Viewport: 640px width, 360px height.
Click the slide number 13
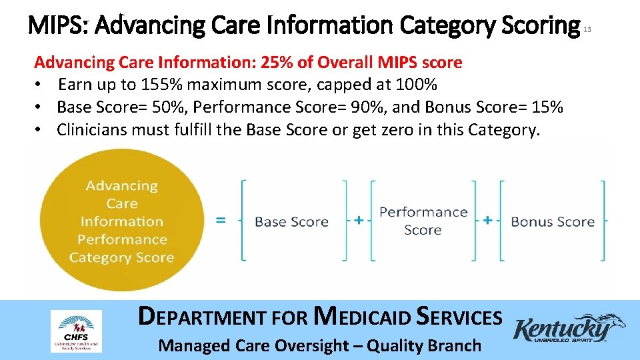[587, 29]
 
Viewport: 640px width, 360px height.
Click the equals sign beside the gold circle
[220, 220]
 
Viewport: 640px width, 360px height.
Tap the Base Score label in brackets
[291, 221]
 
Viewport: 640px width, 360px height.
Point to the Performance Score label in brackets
[423, 221]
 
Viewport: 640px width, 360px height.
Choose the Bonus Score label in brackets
[552, 221]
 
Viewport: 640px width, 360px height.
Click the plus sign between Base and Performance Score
[359, 220]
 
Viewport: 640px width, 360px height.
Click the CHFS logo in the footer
[76, 331]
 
